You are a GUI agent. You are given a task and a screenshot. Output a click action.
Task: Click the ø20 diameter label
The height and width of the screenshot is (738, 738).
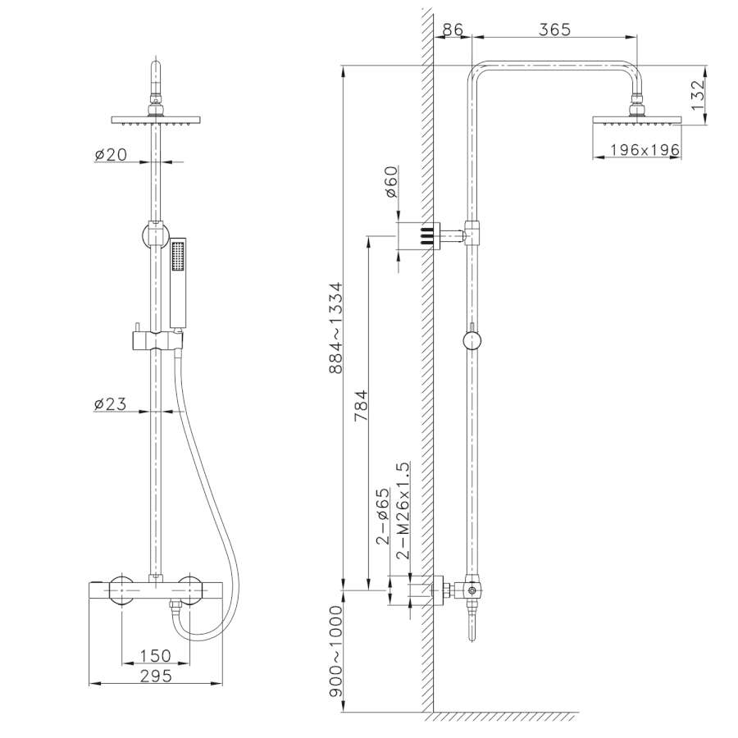pos(111,154)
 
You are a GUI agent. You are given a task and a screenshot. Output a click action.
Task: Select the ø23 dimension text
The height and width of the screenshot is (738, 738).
pos(110,403)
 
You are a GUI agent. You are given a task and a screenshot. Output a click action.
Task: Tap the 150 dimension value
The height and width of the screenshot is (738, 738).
pos(156,655)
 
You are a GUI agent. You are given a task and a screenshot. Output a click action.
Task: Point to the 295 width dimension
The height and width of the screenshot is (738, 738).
pos(156,676)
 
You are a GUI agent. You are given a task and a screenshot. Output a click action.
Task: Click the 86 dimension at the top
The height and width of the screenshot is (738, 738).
pos(453,30)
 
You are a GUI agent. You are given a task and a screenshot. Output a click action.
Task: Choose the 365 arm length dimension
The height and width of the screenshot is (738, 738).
pos(554,30)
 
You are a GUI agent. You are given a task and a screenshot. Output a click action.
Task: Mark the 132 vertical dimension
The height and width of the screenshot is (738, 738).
pos(698,95)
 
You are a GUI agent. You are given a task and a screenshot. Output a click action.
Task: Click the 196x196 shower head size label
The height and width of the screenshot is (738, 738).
pos(645,150)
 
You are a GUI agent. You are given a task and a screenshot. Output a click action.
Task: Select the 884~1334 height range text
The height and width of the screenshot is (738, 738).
pos(336,327)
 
